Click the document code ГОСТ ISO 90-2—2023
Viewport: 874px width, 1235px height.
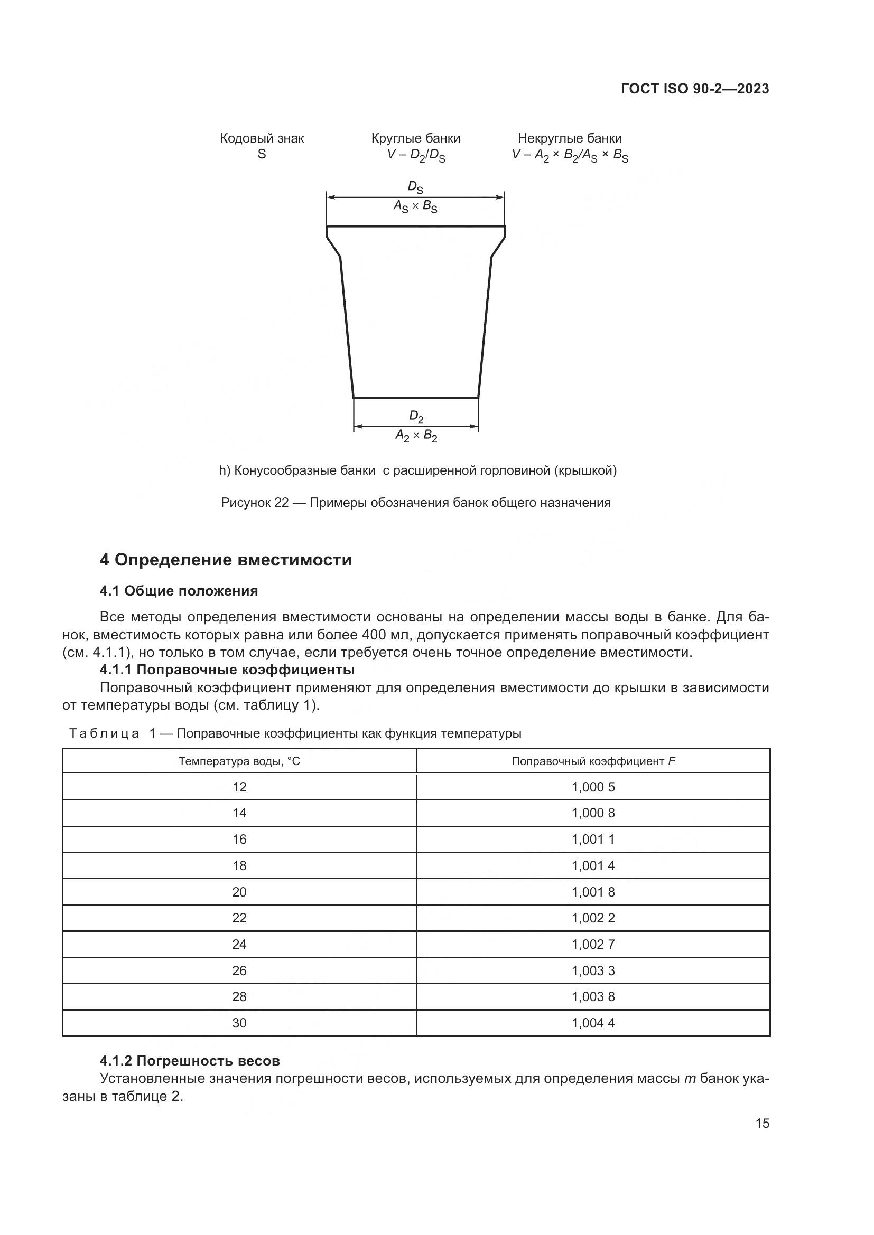pyautogui.click(x=695, y=89)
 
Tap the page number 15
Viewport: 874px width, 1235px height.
pyautogui.click(x=762, y=1123)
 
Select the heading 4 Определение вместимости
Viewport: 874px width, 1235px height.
pyautogui.click(x=226, y=560)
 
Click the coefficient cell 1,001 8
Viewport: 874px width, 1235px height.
pyautogui.click(x=592, y=892)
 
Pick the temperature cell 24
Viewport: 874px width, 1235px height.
pyautogui.click(x=239, y=945)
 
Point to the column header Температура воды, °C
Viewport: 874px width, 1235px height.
pyautogui.click(x=239, y=761)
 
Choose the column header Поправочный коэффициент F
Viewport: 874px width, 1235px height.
pyautogui.click(x=592, y=761)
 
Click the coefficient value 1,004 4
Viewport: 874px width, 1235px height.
pyautogui.click(x=592, y=1023)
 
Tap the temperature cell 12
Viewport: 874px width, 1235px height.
pyautogui.click(x=239, y=787)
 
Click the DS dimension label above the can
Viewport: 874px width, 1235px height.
pyautogui.click(x=415, y=187)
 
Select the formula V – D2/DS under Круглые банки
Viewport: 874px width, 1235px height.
pyautogui.click(x=415, y=155)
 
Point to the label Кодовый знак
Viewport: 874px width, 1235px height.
pyautogui.click(x=262, y=138)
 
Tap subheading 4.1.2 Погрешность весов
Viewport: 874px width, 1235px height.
pyautogui.click(x=190, y=1061)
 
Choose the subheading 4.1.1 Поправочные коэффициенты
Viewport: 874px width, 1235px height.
pyautogui.click(x=227, y=670)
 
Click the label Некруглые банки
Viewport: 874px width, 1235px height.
pyautogui.click(x=570, y=138)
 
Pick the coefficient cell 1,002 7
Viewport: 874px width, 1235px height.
pyautogui.click(x=592, y=945)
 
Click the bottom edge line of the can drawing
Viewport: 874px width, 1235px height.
pyautogui.click(x=415, y=398)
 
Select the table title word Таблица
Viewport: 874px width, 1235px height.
pyautogui.click(x=105, y=734)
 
